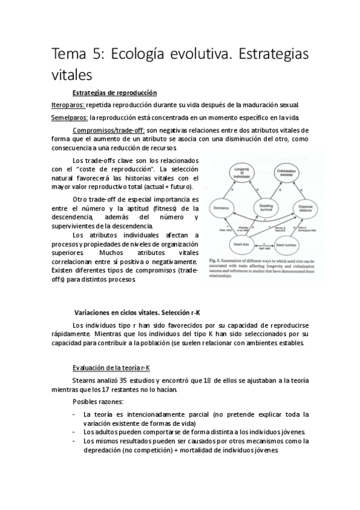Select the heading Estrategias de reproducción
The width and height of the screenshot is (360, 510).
tap(114, 93)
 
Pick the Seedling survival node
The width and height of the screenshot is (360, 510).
tap(263, 206)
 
